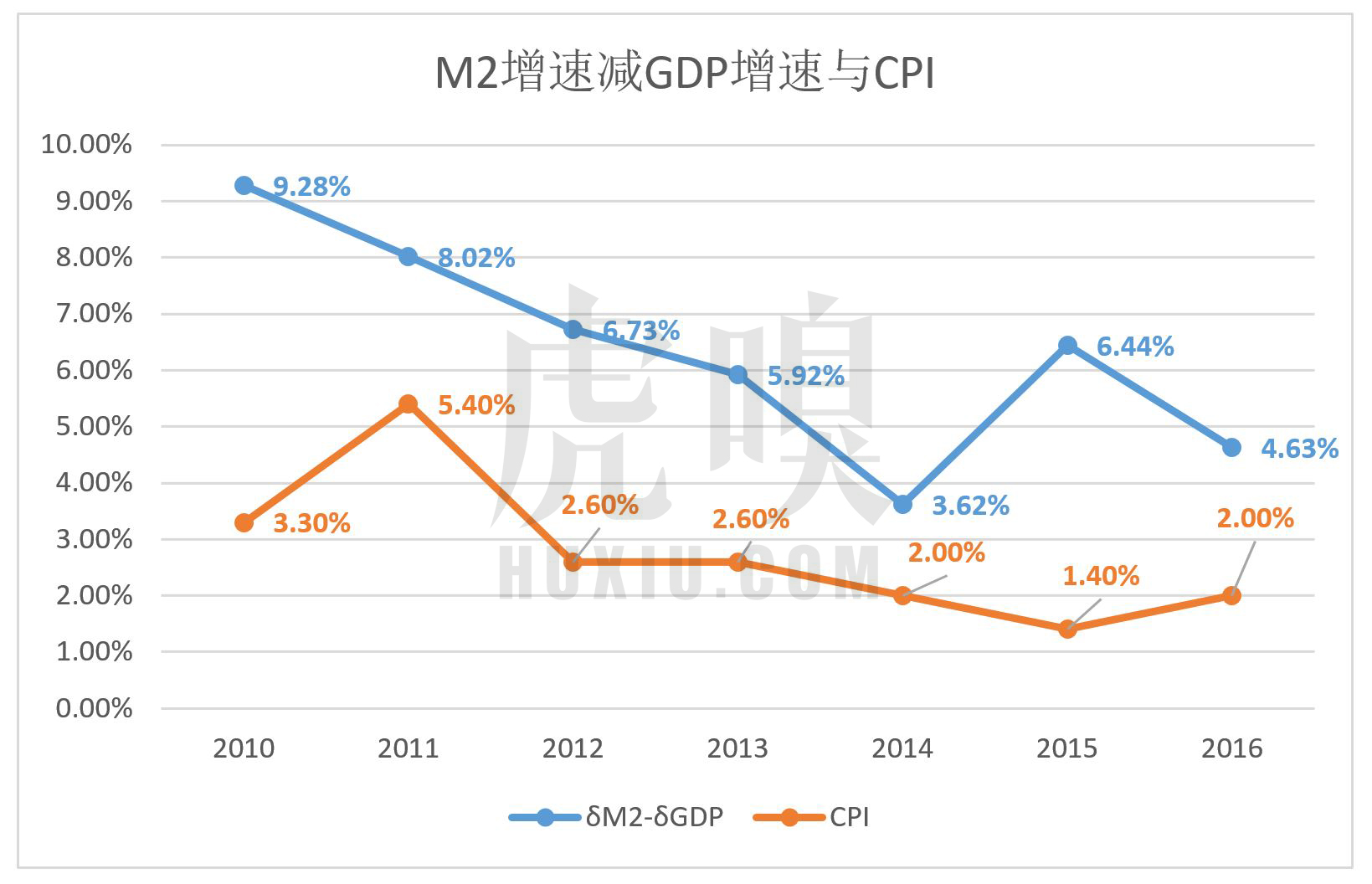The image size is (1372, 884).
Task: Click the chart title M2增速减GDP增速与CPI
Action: [x=684, y=74]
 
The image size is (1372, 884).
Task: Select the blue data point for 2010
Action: [x=244, y=185]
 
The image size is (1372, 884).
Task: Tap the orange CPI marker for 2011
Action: [x=408, y=404]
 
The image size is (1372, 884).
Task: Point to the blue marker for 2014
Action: [x=902, y=504]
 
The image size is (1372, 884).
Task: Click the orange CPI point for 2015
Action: [x=1067, y=629]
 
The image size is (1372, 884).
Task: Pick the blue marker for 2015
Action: [x=1067, y=346]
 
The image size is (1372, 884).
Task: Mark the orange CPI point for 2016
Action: [x=1231, y=595]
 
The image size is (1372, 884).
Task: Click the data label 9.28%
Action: [x=311, y=187]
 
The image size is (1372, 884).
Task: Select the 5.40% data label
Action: [x=475, y=406]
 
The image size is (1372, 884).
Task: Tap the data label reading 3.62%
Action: [x=970, y=506]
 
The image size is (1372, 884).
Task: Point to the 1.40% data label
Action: [x=1101, y=576]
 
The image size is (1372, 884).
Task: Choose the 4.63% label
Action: [x=1299, y=450]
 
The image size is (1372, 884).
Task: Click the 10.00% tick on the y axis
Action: [x=86, y=144]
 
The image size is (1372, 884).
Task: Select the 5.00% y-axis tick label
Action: [x=93, y=427]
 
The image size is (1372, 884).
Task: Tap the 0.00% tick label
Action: [x=93, y=709]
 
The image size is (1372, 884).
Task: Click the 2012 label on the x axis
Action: [x=573, y=748]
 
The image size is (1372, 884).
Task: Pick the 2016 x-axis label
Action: [x=1231, y=748]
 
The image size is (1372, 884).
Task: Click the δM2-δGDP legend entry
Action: [x=617, y=817]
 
